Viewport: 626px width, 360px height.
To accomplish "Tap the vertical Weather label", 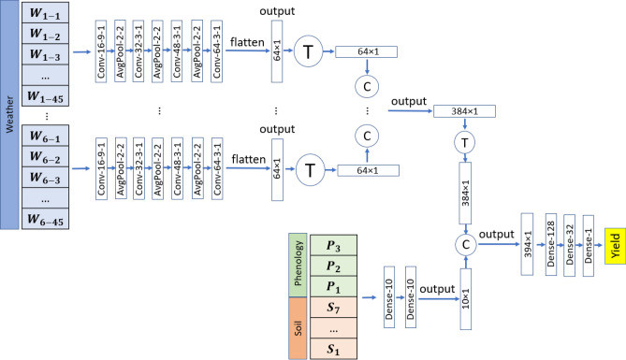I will click(x=9, y=112).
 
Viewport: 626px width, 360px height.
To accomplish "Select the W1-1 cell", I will click(x=45, y=15).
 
